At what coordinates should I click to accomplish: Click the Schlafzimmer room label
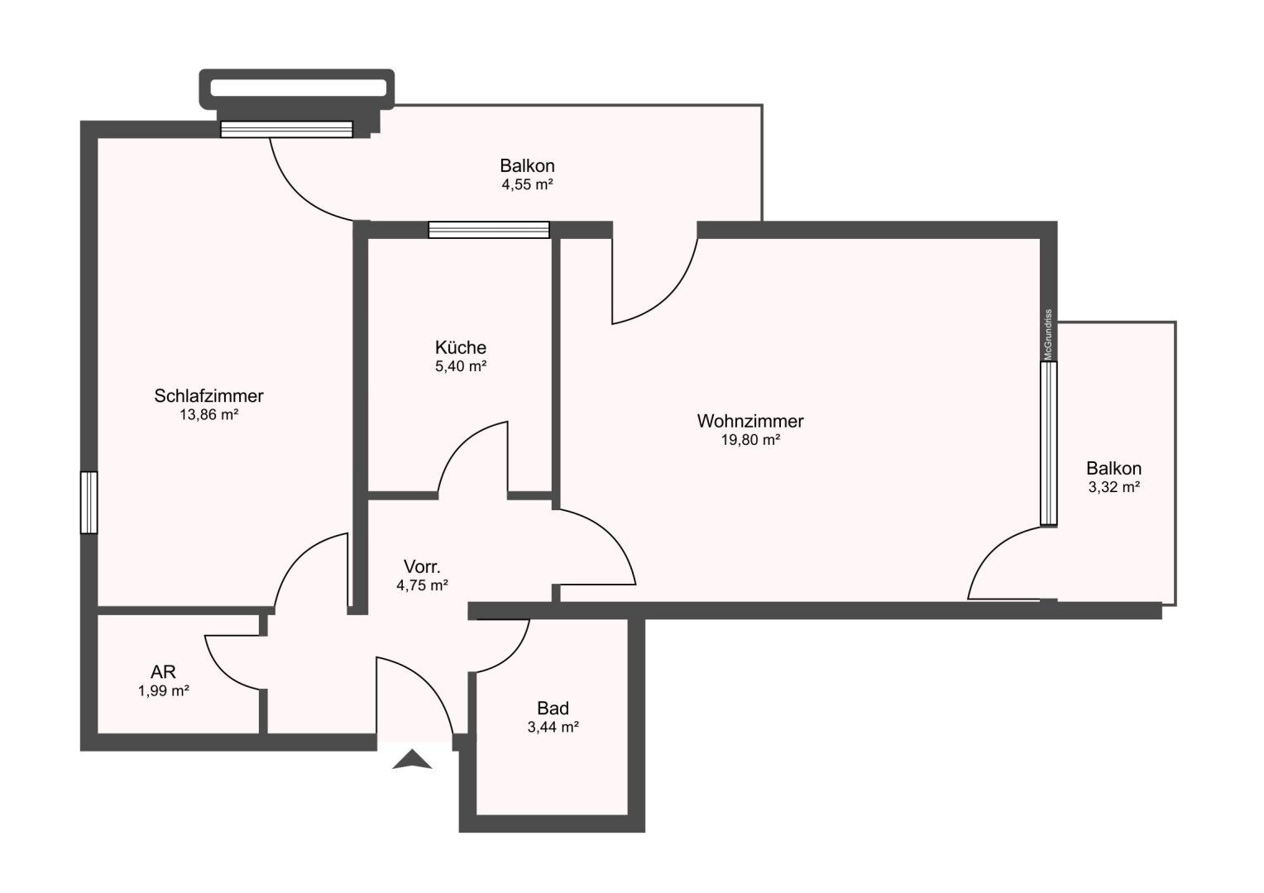(208, 396)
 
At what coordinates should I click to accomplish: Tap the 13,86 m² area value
(208, 415)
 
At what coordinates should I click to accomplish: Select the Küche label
(461, 347)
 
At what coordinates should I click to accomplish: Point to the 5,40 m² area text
(461, 366)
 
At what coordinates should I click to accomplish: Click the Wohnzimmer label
(750, 421)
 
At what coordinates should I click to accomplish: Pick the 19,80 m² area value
(750, 440)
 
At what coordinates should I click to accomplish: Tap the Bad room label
(553, 708)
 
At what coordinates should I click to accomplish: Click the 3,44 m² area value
(553, 727)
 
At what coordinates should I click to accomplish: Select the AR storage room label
(163, 671)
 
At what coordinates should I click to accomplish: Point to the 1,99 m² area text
(164, 690)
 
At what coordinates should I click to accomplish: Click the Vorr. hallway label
(422, 566)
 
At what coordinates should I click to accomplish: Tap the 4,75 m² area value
(422, 585)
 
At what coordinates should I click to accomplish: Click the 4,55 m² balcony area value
(527, 184)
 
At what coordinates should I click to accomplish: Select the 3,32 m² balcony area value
(1114, 487)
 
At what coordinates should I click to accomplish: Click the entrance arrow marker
(412, 759)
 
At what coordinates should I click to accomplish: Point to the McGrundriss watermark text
(1048, 335)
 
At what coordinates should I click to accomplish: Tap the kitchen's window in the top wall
(489, 230)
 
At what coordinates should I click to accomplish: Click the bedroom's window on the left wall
(89, 503)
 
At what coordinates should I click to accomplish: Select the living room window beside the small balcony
(1048, 443)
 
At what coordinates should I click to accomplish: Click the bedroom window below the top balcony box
(287, 129)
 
